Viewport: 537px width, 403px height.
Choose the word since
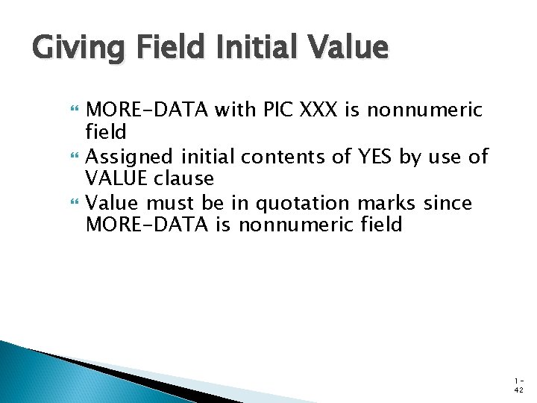[x=447, y=202]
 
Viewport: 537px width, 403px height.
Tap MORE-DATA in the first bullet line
[x=147, y=110]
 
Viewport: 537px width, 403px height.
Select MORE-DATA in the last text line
[x=147, y=225]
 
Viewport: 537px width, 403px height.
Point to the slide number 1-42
[x=518, y=384]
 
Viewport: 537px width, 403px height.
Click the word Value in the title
[x=346, y=49]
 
